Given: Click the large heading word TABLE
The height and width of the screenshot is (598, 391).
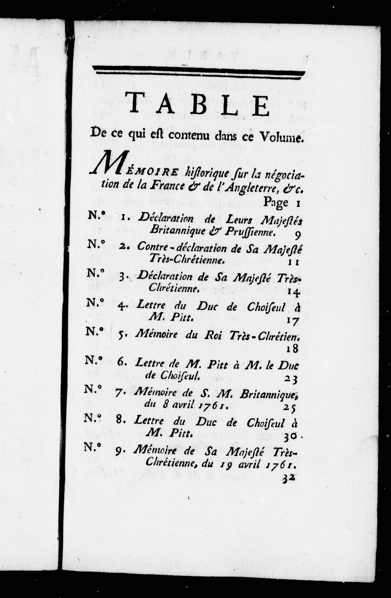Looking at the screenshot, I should click(x=198, y=104).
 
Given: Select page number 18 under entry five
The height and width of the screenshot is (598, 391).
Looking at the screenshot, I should click(x=292, y=349).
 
